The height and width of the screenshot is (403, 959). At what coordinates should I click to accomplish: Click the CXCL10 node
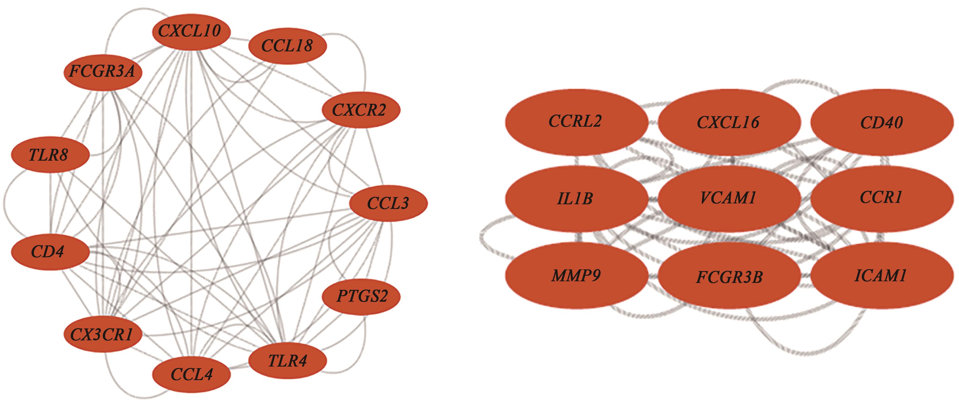coord(191,31)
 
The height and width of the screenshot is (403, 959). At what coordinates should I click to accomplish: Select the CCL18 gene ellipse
coord(288,46)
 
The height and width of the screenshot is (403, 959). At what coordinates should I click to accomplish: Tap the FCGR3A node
coord(103,71)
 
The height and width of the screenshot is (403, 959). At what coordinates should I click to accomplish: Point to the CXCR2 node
coord(360,110)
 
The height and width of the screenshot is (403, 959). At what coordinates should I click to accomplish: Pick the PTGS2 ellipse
coord(361,296)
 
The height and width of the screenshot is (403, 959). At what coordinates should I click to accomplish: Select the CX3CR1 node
coord(103,335)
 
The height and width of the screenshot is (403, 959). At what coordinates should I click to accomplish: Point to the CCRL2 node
coord(576,122)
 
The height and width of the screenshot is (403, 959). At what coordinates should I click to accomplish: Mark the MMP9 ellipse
coord(576,276)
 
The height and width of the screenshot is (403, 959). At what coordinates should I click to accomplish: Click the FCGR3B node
coord(729,277)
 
